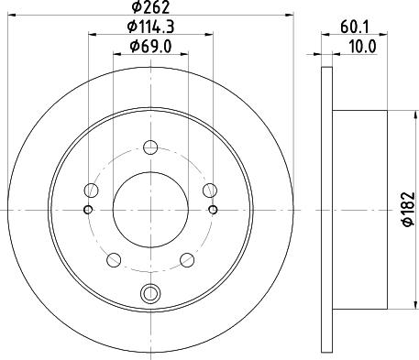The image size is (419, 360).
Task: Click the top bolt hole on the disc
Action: (x=149, y=145)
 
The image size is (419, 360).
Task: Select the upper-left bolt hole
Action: (x=90, y=190)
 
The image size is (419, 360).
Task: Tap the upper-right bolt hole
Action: (x=209, y=190)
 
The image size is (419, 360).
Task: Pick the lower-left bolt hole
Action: (x=113, y=258)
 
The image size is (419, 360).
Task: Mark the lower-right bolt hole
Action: (x=186, y=258)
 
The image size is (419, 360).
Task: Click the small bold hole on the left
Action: (x=87, y=210)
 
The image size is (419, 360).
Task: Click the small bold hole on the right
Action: (x=213, y=210)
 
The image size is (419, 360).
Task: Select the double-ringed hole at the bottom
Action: (x=149, y=293)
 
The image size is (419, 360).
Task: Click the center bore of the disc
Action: (x=149, y=210)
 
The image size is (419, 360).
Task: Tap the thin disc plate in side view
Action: (x=327, y=210)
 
